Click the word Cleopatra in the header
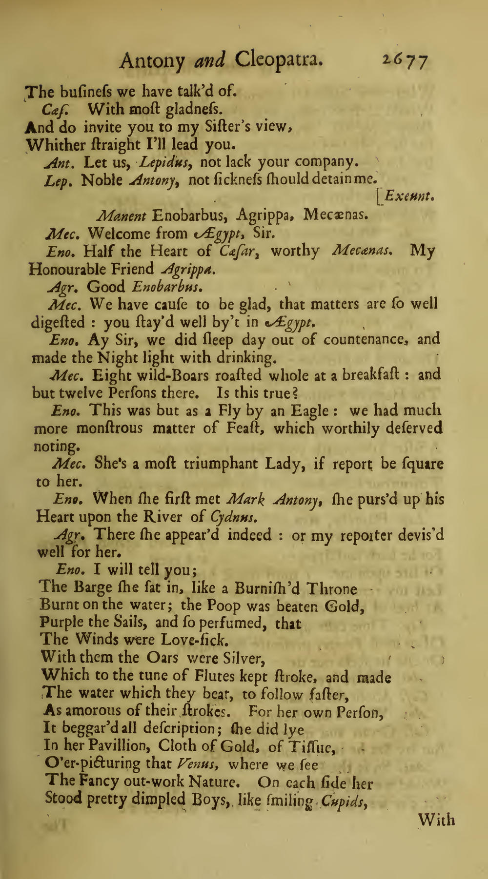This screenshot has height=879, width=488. pos(279,61)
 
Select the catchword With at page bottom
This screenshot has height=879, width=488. pos(437,820)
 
